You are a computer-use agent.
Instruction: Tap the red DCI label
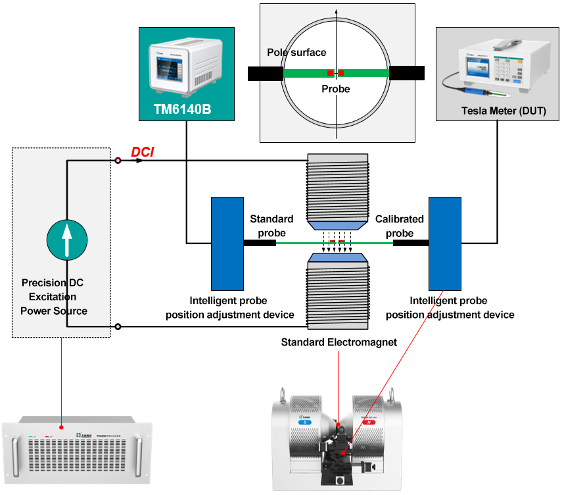142,152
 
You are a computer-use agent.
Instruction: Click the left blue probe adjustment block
226,243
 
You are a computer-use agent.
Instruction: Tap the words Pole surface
296,53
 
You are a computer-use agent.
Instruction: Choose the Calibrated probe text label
399,225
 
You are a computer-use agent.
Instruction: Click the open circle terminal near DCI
118,161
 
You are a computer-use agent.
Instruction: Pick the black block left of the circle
266,73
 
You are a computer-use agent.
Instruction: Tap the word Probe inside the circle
335,89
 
